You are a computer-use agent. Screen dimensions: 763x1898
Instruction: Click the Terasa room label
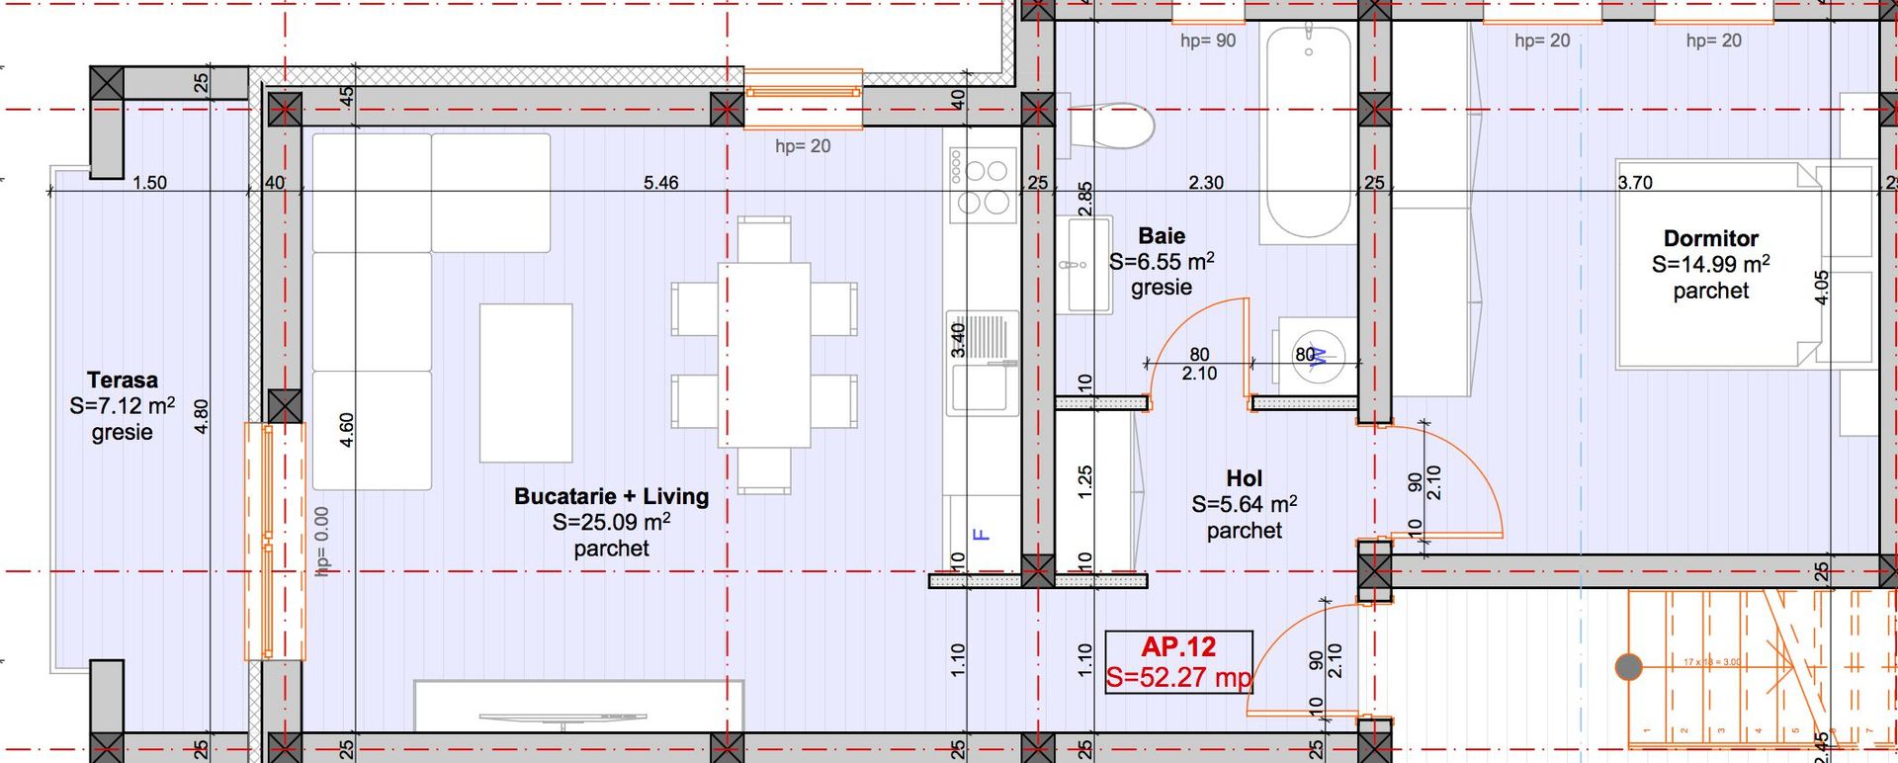(x=122, y=381)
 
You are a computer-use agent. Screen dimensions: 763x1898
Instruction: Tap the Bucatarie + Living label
(x=611, y=496)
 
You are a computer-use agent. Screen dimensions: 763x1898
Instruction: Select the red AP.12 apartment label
(x=1177, y=648)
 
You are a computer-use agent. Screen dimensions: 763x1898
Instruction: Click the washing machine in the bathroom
(x=1316, y=357)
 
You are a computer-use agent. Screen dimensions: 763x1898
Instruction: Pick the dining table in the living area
(x=764, y=354)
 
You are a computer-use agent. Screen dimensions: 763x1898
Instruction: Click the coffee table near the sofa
(x=526, y=382)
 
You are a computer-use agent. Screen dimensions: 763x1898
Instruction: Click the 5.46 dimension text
(x=660, y=183)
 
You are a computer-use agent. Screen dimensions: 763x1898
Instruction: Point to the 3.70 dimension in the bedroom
(x=1635, y=183)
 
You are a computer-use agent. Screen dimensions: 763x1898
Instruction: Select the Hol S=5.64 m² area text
(x=1244, y=505)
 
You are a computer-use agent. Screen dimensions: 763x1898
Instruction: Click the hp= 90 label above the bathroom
(x=1208, y=42)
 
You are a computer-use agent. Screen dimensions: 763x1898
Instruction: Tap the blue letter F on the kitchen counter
(x=981, y=535)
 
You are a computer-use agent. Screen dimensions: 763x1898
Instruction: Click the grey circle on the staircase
(x=1628, y=667)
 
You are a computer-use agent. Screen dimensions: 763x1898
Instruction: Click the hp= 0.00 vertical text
(x=322, y=542)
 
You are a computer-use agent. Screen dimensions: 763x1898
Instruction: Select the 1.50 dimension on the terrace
(x=149, y=183)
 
